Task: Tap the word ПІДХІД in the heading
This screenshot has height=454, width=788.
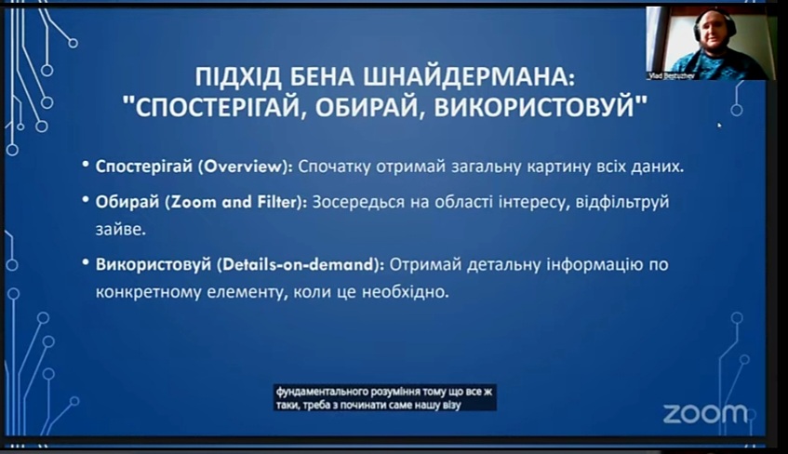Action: click(x=239, y=77)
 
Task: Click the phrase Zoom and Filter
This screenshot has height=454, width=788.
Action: click(x=236, y=202)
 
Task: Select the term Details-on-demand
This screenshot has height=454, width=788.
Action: click(x=300, y=264)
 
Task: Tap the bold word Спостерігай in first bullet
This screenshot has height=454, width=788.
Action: click(x=143, y=167)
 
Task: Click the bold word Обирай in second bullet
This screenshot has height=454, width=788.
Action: click(x=127, y=202)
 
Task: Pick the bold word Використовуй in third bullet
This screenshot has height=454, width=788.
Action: click(x=154, y=265)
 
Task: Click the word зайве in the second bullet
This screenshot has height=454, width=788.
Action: click(x=121, y=230)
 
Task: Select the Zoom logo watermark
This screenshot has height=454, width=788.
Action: click(x=705, y=414)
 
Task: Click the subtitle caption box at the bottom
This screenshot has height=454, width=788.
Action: click(x=384, y=397)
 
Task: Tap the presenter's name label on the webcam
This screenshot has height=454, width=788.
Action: click(x=672, y=76)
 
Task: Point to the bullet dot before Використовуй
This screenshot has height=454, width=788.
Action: click(x=86, y=262)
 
